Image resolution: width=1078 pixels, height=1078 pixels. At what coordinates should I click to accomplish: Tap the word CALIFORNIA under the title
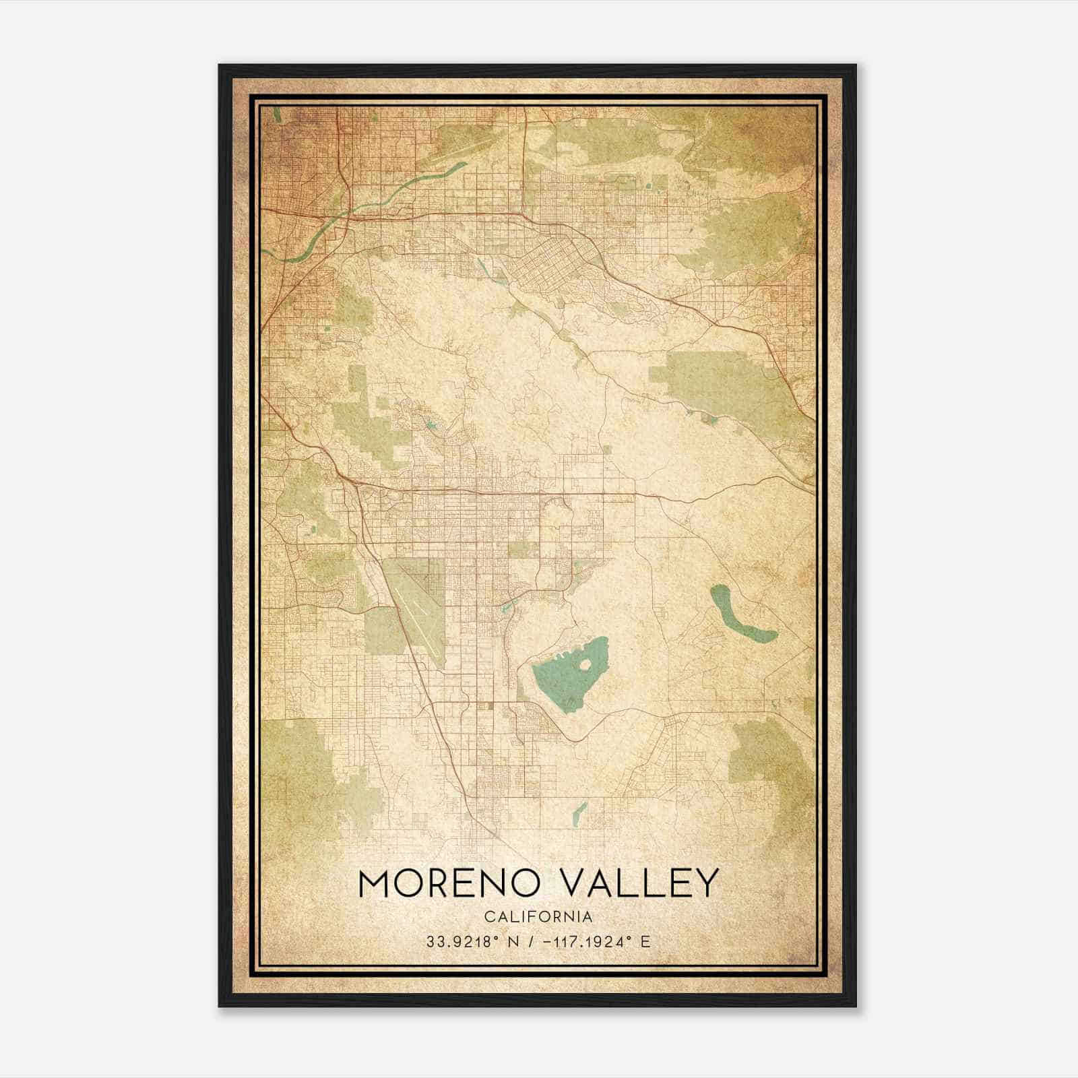coord(538,917)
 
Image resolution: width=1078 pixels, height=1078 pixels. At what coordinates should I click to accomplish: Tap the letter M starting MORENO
coord(374,883)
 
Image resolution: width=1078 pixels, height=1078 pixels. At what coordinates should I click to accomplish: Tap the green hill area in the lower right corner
coord(768,755)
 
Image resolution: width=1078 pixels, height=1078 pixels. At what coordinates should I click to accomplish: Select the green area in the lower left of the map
coord(296,761)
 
